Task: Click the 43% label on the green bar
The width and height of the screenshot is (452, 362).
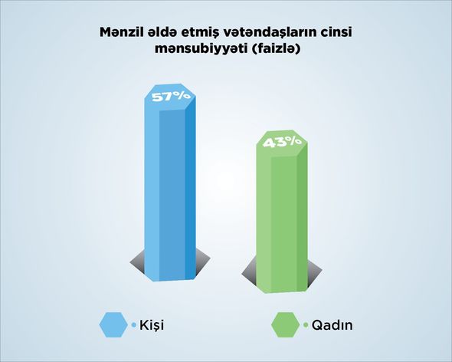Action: click(283, 142)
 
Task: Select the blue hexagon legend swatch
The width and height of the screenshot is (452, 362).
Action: click(113, 324)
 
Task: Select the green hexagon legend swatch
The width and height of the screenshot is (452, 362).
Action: click(286, 324)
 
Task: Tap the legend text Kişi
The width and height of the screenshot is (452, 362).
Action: click(152, 325)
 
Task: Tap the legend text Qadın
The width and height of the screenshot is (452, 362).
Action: click(332, 325)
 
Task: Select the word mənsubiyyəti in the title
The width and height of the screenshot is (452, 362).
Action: click(201, 49)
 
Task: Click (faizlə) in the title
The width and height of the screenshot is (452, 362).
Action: click(277, 49)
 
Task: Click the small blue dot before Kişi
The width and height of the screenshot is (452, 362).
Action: click(133, 324)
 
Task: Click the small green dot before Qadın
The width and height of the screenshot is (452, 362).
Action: click(306, 324)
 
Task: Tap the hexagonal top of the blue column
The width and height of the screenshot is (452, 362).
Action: click(170, 97)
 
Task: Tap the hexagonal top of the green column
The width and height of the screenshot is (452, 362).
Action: click(282, 143)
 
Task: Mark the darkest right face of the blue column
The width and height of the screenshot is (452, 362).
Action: click(190, 189)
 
